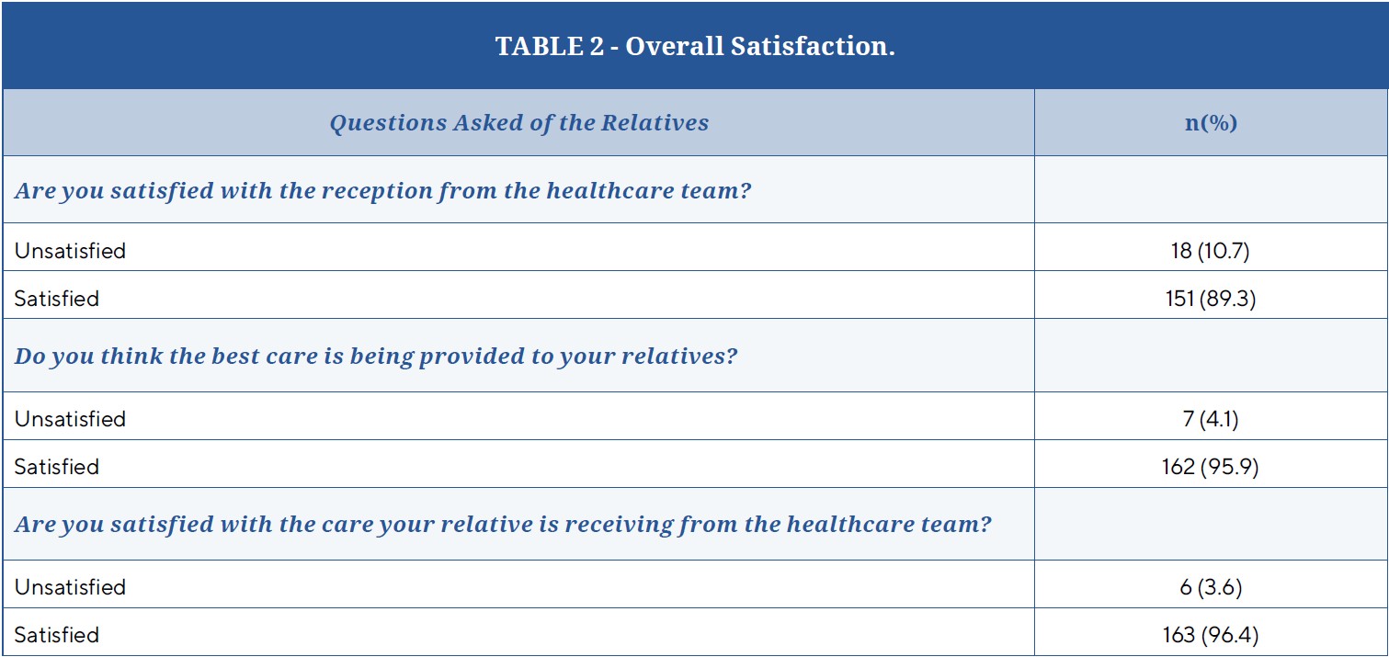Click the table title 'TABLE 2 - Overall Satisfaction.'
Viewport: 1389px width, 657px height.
click(695, 46)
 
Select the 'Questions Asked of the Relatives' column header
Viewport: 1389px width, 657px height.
click(519, 123)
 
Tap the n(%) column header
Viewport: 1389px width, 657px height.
click(1211, 123)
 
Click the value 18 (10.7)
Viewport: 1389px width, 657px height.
click(1211, 251)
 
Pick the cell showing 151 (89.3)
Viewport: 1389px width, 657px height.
click(1211, 298)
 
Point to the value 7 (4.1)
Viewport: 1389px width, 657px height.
click(1211, 419)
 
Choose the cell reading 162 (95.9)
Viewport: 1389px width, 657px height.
click(1211, 467)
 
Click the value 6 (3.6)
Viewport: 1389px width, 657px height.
click(1211, 587)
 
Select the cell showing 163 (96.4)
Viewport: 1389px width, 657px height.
click(1211, 635)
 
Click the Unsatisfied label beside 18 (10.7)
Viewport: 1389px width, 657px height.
click(70, 251)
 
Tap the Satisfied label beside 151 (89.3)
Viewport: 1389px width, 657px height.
click(56, 298)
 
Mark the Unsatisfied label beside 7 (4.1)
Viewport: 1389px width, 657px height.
click(70, 419)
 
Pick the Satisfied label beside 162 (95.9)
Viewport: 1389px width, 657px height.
click(56, 467)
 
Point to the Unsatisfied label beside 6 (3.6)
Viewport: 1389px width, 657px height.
click(70, 587)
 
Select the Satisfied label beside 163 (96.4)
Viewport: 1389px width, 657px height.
click(56, 635)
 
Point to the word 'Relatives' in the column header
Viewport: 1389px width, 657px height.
click(655, 122)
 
